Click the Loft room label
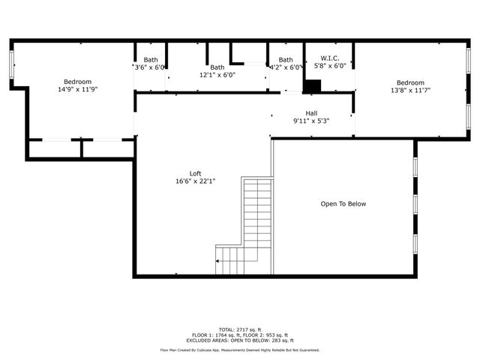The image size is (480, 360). tap(195, 173)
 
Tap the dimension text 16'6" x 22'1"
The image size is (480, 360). tap(195, 181)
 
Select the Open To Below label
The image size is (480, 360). tap(343, 204)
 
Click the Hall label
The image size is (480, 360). tap(311, 113)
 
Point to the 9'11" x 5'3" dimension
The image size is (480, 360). tap(311, 121)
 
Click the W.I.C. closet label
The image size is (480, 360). tap(330, 58)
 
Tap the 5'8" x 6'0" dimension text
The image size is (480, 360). tap(330, 67)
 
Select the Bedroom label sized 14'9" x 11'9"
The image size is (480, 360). tap(77, 82)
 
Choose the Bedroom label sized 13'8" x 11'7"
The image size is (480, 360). tap(410, 82)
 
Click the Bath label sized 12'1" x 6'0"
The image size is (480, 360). tap(217, 67)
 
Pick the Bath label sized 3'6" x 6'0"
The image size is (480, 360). tap(151, 60)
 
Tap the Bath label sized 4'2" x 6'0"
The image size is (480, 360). tap(286, 60)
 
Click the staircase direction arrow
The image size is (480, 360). tap(220, 261)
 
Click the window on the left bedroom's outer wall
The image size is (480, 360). tap(11, 65)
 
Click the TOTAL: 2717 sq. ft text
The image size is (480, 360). tap(240, 330)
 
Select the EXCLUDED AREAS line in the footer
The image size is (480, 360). tap(240, 341)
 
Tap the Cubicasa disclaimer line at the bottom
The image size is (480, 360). tap(240, 350)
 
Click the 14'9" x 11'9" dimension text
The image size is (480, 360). tap(77, 89)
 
